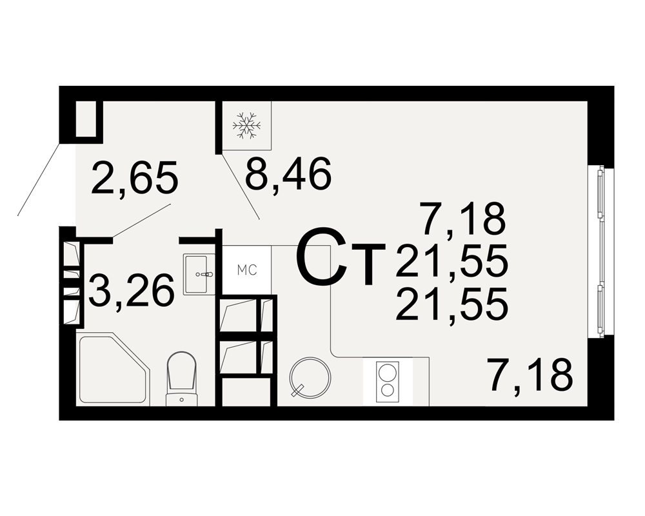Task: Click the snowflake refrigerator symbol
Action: coord(247,125)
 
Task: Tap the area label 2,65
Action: coord(135,178)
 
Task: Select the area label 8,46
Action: coord(288,174)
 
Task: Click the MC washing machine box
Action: coord(247,270)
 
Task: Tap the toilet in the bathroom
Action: coord(181,379)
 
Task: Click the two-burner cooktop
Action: coord(388,382)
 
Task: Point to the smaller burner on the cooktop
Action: coord(388,391)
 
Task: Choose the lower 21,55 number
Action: coord(451,304)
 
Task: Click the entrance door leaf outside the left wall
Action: coord(39,179)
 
